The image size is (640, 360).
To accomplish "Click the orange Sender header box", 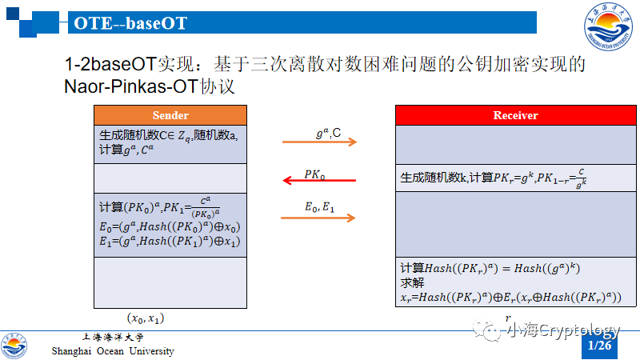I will coord(170,115).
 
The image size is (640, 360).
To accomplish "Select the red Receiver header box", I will coord(515,116).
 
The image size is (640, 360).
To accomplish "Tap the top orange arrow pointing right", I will coord(318,143).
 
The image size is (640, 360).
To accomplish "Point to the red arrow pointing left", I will coord(318,181).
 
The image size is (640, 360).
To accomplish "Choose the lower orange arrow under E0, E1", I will coord(318,217).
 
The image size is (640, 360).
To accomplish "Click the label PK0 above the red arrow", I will coord(314,173).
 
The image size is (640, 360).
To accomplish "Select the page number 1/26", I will coord(599,346).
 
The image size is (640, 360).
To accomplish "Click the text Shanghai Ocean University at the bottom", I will coord(113,351).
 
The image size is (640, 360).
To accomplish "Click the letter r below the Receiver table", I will coord(507,318).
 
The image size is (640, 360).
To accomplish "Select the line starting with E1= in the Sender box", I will coord(169,241).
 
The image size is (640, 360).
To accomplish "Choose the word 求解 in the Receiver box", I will coord(412,282).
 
